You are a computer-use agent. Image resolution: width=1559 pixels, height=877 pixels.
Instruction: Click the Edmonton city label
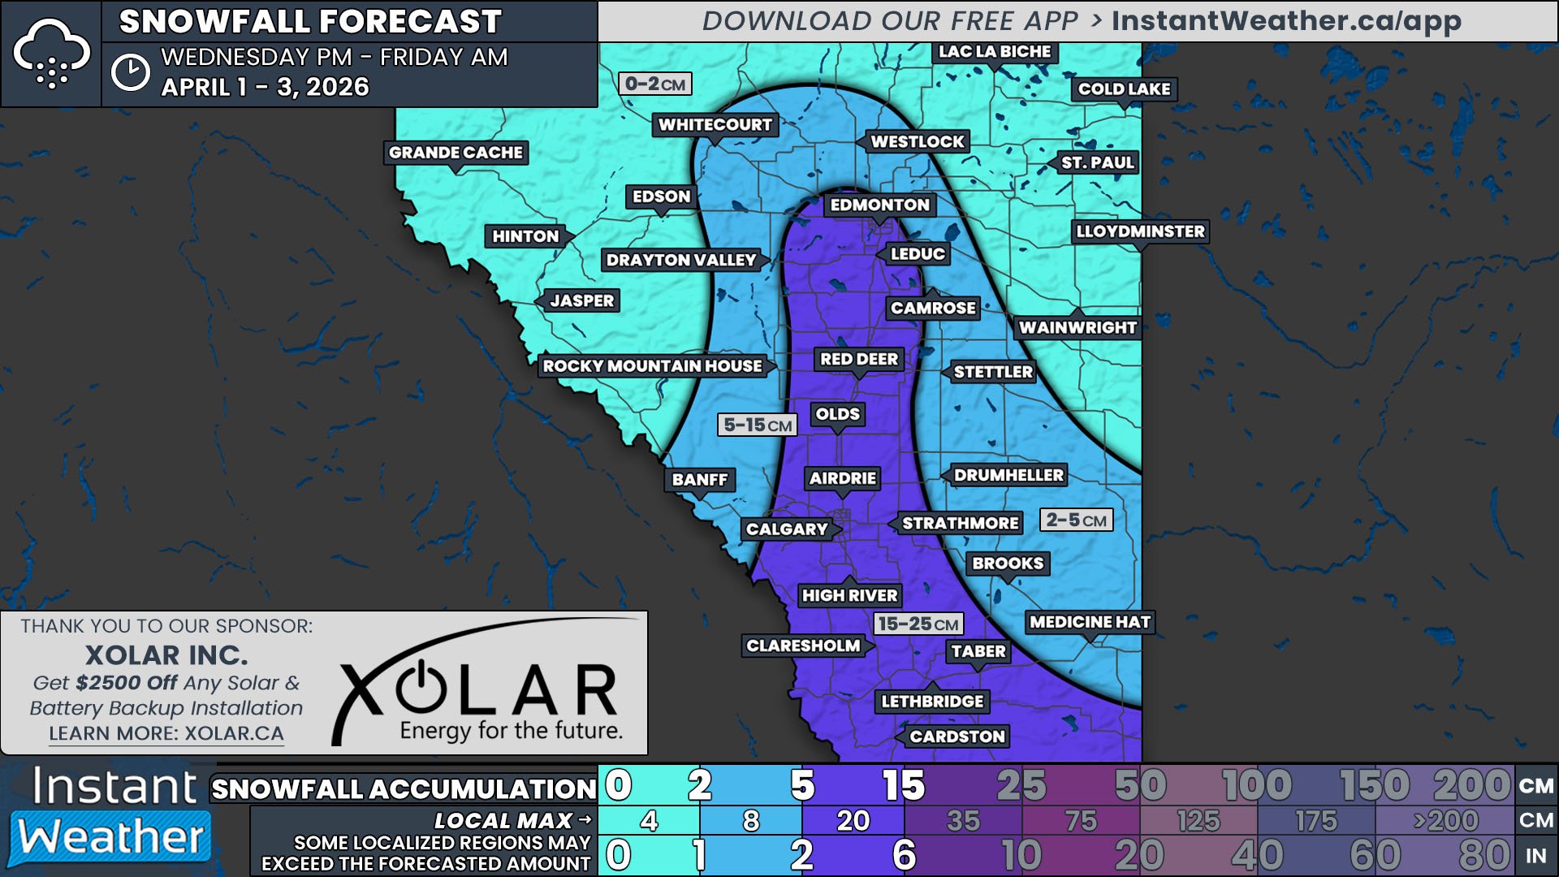(x=879, y=205)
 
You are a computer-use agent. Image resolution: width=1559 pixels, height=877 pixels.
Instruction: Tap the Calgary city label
(x=787, y=529)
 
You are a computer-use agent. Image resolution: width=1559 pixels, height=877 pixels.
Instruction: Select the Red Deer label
(x=858, y=359)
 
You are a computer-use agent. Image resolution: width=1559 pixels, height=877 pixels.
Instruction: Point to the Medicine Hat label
(x=1090, y=622)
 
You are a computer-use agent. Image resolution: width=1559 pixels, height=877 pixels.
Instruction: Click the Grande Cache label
(x=456, y=153)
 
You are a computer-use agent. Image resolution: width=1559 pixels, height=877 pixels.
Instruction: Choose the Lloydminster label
(x=1140, y=231)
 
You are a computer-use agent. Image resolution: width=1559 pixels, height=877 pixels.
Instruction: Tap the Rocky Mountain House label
(x=652, y=366)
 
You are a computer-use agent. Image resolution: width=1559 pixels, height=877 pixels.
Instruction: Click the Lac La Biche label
(x=995, y=52)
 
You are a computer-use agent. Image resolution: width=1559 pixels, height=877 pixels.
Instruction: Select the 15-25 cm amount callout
(x=918, y=624)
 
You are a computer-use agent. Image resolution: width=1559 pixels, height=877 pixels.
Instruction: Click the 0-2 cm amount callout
(x=654, y=84)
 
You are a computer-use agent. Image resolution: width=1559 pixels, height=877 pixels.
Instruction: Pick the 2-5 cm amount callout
(x=1076, y=520)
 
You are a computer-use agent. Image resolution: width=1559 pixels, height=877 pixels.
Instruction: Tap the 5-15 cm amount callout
(x=757, y=425)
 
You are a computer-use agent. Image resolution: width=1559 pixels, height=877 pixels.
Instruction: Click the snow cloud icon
(x=51, y=54)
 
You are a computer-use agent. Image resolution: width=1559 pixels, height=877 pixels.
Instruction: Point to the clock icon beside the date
(x=130, y=72)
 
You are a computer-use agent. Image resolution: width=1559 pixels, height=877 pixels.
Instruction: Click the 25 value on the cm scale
(x=1021, y=785)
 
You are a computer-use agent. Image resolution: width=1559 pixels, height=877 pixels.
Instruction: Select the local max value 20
(x=853, y=821)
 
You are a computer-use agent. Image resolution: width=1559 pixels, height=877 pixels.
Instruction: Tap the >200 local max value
(x=1445, y=821)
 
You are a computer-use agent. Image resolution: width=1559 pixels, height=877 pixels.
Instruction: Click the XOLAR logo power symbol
(x=421, y=687)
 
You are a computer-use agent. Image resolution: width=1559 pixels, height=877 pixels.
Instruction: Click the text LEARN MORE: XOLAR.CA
(x=166, y=733)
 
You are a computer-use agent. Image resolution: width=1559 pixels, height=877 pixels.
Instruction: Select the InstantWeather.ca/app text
(x=1286, y=21)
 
